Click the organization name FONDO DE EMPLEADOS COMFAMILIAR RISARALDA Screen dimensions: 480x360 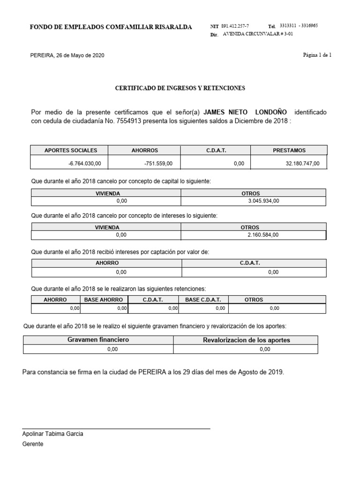point(111,27)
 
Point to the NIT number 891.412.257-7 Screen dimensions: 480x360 point(235,27)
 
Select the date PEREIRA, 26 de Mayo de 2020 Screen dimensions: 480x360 point(67,55)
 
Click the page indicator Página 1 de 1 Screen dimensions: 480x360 point(317,55)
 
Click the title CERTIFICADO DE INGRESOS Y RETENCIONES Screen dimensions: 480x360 point(180,88)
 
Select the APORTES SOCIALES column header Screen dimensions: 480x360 point(71,150)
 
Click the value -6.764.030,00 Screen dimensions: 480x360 point(84,163)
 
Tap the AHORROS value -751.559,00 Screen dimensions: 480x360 point(159,163)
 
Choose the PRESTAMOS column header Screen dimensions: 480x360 point(289,150)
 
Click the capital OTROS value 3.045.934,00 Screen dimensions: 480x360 point(263,201)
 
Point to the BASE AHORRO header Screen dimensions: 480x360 point(104,300)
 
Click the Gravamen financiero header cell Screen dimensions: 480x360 point(98,340)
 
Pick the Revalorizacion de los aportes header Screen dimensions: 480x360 point(246,340)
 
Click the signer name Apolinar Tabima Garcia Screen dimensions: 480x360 point(53,434)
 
